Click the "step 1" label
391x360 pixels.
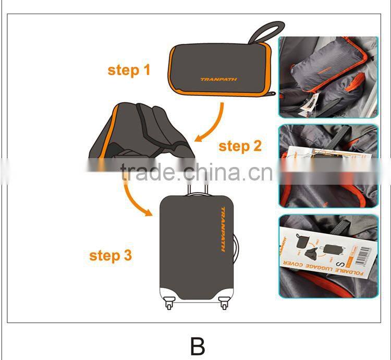pyautogui.click(x=129, y=70)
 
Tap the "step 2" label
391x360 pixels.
pyautogui.click(x=240, y=146)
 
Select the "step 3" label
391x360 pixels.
pyautogui.click(x=111, y=256)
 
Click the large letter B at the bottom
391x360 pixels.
pyautogui.click(x=197, y=346)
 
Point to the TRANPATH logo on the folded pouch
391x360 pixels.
pyautogui.click(x=218, y=79)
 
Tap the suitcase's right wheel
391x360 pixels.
pyautogui.click(x=224, y=302)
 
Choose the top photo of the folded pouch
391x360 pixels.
pyautogui.click(x=328, y=77)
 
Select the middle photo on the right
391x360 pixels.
pyautogui.click(x=328, y=166)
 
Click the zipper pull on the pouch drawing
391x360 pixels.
pyautogui.click(x=272, y=94)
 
